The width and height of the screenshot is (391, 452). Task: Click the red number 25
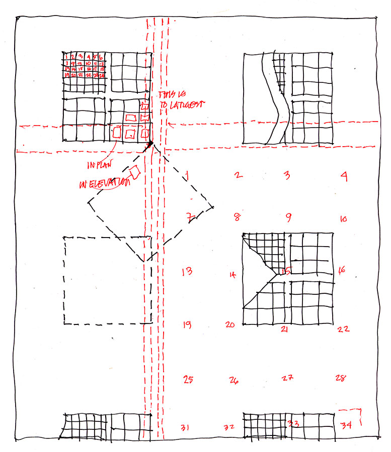(188, 380)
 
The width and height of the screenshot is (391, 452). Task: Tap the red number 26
(233, 380)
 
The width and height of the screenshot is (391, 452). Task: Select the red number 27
(287, 378)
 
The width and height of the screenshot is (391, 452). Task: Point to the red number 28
(341, 378)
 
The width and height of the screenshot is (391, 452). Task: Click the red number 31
(185, 428)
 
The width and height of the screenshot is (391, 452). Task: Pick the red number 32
(229, 427)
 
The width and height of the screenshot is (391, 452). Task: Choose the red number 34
(346, 426)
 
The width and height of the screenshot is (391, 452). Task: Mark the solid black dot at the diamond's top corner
(150, 144)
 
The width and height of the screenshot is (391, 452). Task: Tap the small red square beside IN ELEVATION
(135, 172)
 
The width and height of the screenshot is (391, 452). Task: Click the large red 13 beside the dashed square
(187, 272)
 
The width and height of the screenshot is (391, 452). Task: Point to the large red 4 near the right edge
(344, 176)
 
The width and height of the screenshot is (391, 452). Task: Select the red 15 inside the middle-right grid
(286, 271)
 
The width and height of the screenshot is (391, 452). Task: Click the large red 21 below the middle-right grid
(284, 329)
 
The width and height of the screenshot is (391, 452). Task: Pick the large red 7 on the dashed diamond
(189, 217)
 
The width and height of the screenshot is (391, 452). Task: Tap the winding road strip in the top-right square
(272, 100)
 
